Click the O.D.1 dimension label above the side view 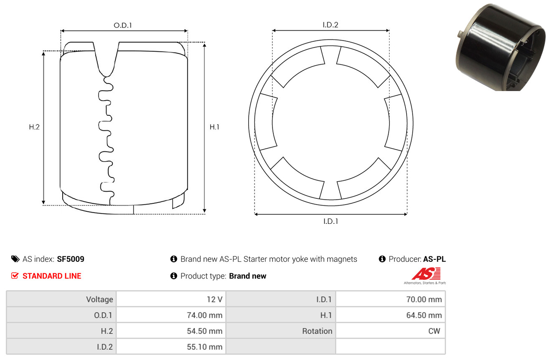(123, 25)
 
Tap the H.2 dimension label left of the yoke (34, 127)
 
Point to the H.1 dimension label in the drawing (214, 127)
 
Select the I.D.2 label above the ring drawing (330, 25)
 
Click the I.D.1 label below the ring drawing (331, 221)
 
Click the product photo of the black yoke (500, 47)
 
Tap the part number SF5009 (71, 259)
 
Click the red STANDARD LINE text (52, 276)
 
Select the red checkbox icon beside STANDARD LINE (15, 276)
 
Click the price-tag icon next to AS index (15, 259)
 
